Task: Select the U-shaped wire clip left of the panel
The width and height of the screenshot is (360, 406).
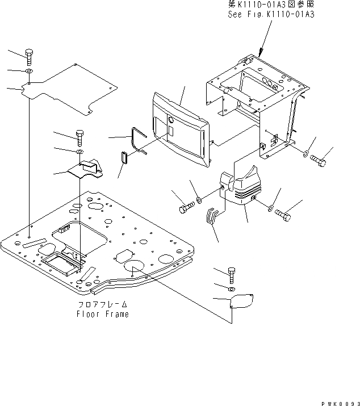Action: pyautogui.click(x=137, y=139)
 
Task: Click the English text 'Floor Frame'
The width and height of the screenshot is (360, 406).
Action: pyautogui.click(x=103, y=314)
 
